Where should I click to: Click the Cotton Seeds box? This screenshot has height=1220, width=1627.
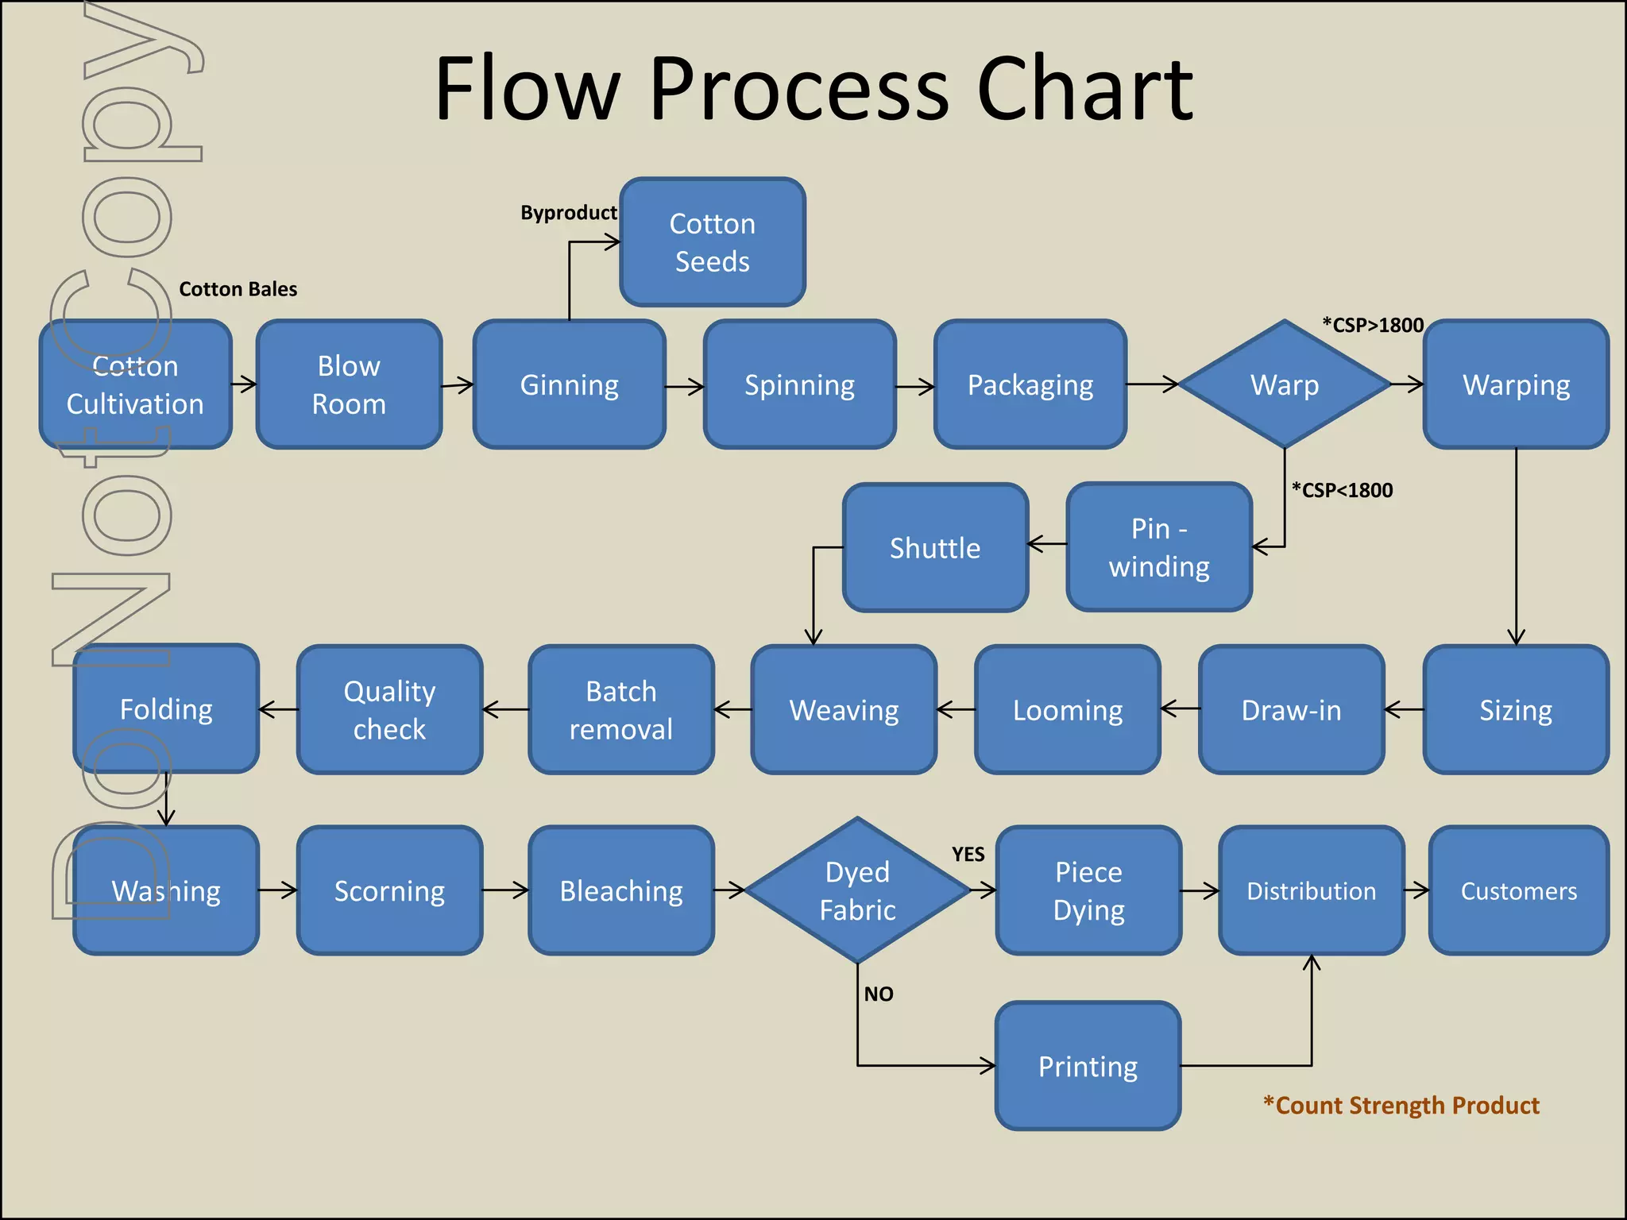(713, 242)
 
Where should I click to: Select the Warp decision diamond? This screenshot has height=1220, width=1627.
(1285, 384)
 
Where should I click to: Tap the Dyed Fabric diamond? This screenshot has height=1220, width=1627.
(857, 890)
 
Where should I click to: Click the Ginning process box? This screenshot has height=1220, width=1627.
(569, 384)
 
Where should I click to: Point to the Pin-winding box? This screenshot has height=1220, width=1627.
(1159, 547)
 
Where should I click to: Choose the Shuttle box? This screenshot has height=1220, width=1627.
(935, 547)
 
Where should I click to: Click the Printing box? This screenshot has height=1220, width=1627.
(1088, 1066)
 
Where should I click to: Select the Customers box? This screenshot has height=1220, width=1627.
(1518, 890)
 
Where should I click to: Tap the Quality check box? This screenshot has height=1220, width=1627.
(389, 709)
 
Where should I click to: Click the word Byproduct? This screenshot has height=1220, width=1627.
(568, 213)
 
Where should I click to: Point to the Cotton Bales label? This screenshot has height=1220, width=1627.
(238, 289)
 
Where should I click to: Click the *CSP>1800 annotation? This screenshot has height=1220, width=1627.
(1372, 325)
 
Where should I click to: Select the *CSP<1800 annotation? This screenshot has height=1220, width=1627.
(1342, 490)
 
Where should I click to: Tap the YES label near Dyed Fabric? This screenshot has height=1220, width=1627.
(968, 855)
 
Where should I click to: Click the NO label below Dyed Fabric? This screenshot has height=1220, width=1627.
(879, 994)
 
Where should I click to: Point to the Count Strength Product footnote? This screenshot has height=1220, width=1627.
(1401, 1105)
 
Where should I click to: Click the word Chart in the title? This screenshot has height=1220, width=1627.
(1084, 89)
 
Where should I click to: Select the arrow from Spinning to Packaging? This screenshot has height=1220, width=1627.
(915, 387)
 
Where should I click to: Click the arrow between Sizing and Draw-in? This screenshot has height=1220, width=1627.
(1404, 709)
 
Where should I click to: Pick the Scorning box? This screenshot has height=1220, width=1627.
(389, 890)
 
